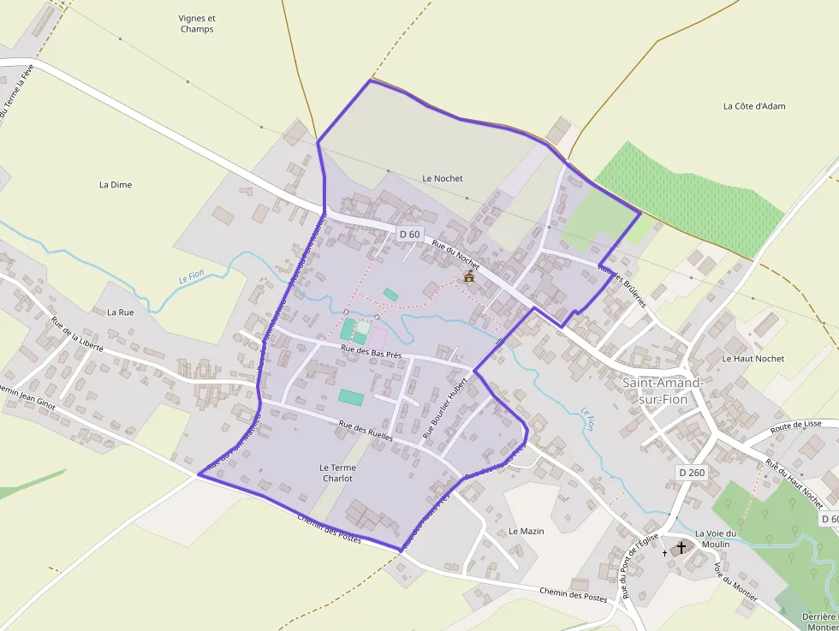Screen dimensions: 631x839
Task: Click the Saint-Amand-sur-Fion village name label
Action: [663, 390]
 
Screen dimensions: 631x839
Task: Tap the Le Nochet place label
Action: [443, 178]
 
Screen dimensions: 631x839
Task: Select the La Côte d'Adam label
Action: [754, 106]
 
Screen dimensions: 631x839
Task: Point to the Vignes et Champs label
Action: [197, 23]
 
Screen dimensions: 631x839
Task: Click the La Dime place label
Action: [116, 184]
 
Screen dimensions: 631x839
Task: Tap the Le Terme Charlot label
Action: [336, 473]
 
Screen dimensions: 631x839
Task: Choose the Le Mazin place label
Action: [526, 531]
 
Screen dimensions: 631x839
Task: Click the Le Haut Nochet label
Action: [753, 359]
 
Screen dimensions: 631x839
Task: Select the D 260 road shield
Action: [692, 472]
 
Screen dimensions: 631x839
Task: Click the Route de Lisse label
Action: [795, 425]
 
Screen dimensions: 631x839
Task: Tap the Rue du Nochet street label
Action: [455, 255]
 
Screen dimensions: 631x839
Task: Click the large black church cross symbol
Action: [681, 547]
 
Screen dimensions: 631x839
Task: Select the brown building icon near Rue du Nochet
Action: [468, 277]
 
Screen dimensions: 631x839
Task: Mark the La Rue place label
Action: [121, 313]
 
